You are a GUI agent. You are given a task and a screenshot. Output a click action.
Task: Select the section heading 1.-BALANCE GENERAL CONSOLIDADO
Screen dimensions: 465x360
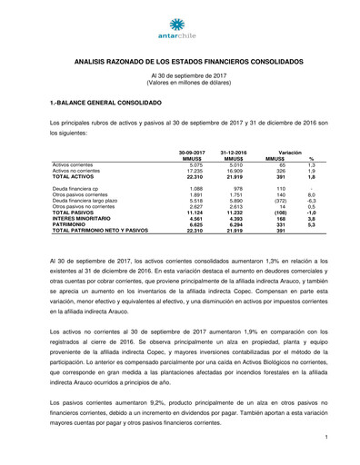point(102,105)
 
